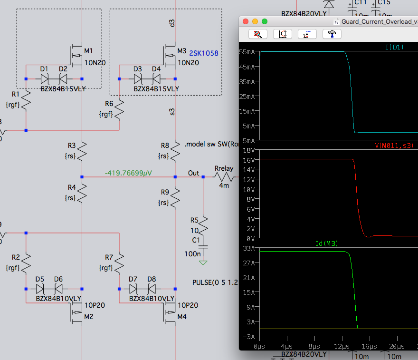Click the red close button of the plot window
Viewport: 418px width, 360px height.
point(246,21)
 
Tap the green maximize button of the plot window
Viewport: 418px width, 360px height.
point(265,21)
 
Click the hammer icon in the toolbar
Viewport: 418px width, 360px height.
point(332,34)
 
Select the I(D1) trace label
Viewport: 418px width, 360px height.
point(394,47)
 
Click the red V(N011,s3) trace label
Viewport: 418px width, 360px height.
point(394,146)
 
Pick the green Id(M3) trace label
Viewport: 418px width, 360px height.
point(327,243)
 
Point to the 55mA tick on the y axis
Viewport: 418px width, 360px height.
point(247,52)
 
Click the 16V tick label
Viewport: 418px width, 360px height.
point(249,160)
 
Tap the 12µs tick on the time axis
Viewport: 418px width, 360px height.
point(342,346)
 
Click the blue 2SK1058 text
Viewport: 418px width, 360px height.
point(204,53)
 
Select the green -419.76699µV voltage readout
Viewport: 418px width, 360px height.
point(128,173)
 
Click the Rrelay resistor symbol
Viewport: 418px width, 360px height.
point(224,177)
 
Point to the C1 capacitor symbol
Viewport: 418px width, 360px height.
point(203,247)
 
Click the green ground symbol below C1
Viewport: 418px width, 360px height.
point(203,263)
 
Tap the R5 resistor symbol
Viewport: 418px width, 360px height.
point(203,226)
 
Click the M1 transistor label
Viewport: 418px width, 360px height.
point(88,51)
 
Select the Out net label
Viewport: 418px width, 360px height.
point(193,173)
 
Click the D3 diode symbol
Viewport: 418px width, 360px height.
point(138,79)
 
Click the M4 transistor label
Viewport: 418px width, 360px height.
point(182,317)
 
